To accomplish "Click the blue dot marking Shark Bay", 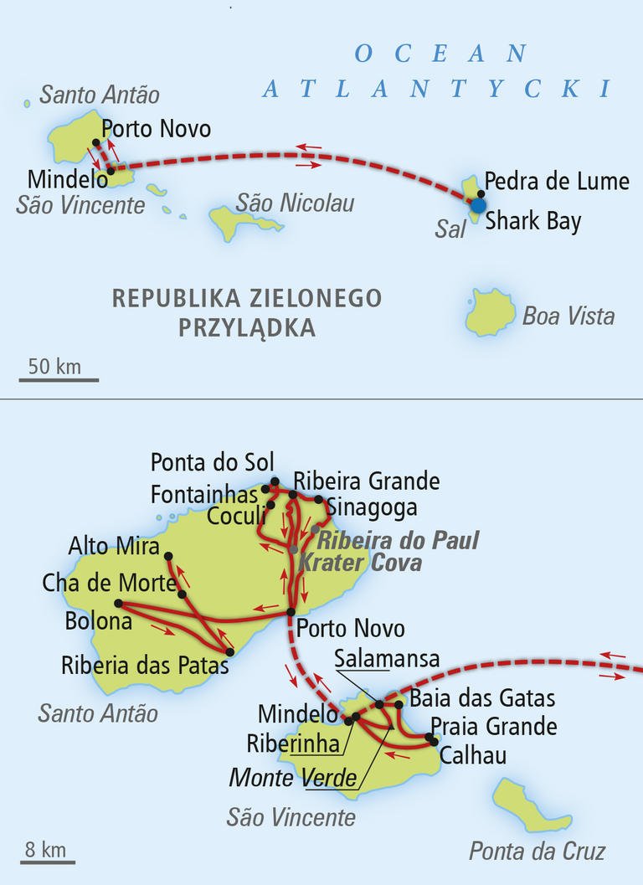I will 478,205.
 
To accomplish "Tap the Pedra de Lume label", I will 557,181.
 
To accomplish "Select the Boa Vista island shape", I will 491,311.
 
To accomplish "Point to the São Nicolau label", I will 295,203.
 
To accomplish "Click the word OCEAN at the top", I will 441,54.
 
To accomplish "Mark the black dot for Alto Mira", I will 168,556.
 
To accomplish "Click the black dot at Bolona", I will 118,603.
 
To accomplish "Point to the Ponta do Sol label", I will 212,461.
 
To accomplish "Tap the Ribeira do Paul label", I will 399,540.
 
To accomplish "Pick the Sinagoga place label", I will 371,507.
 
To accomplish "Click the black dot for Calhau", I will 432,738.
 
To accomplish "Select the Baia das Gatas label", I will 482,698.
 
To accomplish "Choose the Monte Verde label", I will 293,779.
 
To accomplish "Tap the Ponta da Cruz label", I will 537,852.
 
